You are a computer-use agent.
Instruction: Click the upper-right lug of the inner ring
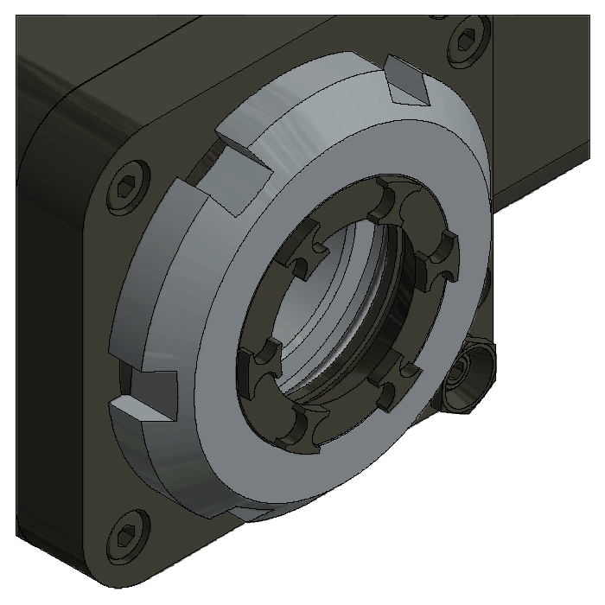pos(443,252)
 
